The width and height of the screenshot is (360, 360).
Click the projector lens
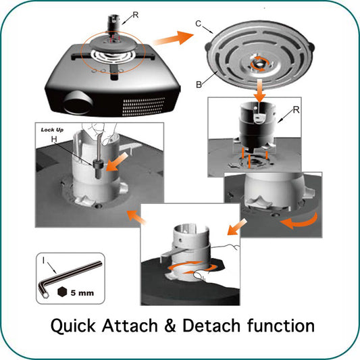tap(78, 103)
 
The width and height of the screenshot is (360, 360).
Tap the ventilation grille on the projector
tap(144, 107)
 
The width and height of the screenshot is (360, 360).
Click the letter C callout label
tap(199, 24)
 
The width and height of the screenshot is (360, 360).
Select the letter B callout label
tap(199, 84)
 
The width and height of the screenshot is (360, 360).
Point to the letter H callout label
tap(54, 139)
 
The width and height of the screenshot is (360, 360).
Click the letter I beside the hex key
tap(43, 260)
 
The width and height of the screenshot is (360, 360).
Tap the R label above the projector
tap(136, 15)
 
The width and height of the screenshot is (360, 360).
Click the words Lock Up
tap(52, 130)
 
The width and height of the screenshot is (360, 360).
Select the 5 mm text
tap(82, 293)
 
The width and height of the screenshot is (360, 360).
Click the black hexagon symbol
tap(62, 292)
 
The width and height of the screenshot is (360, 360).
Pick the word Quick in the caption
tap(73, 326)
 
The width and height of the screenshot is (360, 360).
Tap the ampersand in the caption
tap(170, 326)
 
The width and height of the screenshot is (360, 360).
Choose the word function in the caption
tap(281, 326)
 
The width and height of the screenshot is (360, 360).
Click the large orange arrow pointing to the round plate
tap(174, 38)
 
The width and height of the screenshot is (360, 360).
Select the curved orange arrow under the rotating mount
tap(299, 221)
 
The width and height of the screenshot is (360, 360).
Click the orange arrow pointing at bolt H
tap(117, 162)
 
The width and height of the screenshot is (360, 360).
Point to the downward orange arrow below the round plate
tap(259, 91)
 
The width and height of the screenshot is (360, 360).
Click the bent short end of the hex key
tap(44, 289)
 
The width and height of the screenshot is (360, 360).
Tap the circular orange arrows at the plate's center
tap(259, 62)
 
